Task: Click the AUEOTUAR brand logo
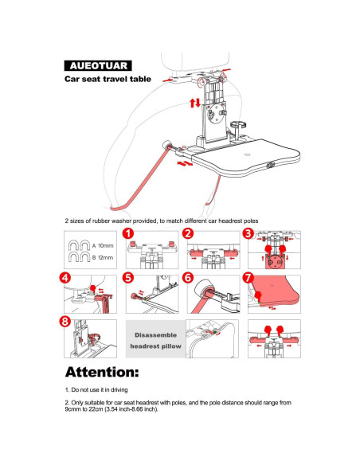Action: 98,65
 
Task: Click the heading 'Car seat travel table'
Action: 108,79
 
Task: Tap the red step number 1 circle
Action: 128,233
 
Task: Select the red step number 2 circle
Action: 188,233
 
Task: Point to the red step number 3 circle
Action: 248,233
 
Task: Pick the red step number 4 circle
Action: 65,278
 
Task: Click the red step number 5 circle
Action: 128,278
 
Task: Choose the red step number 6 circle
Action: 188,278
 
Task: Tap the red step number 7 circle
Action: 248,278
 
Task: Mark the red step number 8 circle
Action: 65,322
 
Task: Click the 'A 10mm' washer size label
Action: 103,246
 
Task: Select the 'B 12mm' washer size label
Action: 103,258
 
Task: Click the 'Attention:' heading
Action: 102,372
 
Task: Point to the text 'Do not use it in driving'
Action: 100,389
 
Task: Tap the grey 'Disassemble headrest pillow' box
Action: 155,338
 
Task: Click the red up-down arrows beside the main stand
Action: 195,103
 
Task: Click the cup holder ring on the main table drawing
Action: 238,124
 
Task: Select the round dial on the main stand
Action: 216,113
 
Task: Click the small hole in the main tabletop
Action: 247,155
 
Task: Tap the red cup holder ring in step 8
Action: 94,337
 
